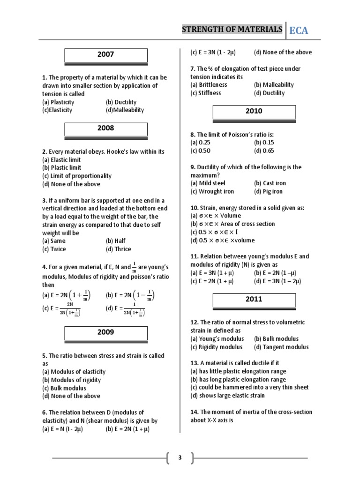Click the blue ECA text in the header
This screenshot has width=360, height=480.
coord(299,31)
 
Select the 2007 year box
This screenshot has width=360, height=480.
coord(105,54)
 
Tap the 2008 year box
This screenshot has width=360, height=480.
coord(105,128)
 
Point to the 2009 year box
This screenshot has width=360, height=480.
coord(105,332)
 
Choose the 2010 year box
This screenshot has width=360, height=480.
coord(254,112)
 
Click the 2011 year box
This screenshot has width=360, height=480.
coord(254,300)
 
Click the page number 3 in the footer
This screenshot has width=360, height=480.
coord(179,457)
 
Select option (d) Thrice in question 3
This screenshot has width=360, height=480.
coord(119,249)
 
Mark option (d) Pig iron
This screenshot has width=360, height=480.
coord(269,192)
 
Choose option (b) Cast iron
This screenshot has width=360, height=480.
coord(270,183)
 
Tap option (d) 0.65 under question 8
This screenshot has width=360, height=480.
coord(264,151)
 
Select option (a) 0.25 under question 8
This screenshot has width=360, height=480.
coord(201,142)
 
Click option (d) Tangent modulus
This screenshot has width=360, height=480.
coord(281,347)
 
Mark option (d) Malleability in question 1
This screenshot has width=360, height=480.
coord(125,110)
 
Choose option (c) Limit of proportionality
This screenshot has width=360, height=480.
coord(77,176)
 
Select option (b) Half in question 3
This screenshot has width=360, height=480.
coord(116,241)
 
